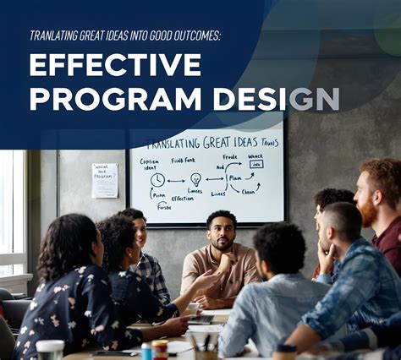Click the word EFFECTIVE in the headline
tap(115, 66)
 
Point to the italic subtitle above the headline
tap(124, 35)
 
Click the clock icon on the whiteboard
tap(157, 180)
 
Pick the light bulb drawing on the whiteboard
tap(196, 179)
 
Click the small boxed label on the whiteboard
tap(255, 164)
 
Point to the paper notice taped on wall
tap(105, 180)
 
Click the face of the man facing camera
tap(222, 232)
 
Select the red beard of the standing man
tap(371, 211)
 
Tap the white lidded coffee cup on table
tap(50, 349)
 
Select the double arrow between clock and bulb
tap(176, 180)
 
